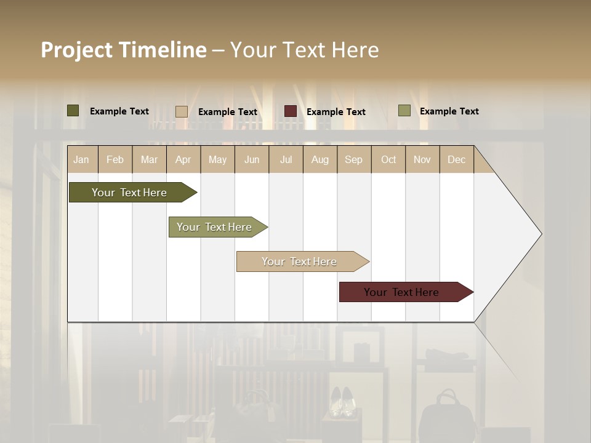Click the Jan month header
point(81,159)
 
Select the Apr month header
point(183,159)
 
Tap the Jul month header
point(286,159)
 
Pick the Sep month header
point(353,159)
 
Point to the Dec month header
point(456,159)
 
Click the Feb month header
point(115,159)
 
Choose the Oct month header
point(388,159)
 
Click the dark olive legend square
point(73,111)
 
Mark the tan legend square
point(182,111)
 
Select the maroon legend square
point(291,111)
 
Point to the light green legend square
point(404,111)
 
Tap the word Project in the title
point(76,50)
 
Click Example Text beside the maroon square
point(336,112)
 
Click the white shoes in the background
point(341,402)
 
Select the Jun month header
point(252,159)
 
